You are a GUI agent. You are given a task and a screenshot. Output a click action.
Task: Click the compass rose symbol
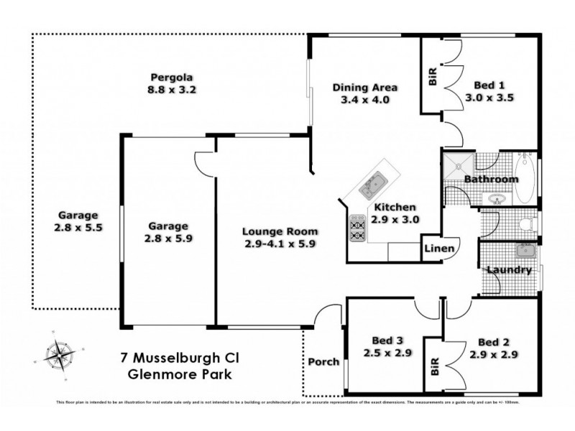(59, 353)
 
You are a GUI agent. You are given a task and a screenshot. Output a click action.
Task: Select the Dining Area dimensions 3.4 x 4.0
(364, 100)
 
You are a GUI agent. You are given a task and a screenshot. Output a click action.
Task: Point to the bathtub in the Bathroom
(528, 177)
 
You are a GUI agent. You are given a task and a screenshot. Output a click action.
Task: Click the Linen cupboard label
(438, 249)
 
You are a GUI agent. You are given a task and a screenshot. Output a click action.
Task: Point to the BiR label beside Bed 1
(432, 78)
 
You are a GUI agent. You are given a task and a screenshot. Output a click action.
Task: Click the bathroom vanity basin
(497, 198)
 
